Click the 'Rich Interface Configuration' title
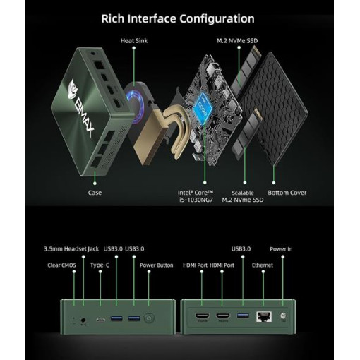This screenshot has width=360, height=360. [x=178, y=19]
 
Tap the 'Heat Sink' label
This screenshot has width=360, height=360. [x=134, y=41]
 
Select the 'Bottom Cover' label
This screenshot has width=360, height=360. [x=287, y=193]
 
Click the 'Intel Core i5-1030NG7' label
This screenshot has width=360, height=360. [x=196, y=196]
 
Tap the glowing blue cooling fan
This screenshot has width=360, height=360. [x=135, y=107]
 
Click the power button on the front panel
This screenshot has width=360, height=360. [x=149, y=318]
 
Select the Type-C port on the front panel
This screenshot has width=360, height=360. [x=101, y=320]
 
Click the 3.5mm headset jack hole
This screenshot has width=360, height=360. [x=83, y=320]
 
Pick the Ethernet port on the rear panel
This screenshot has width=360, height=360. [x=264, y=316]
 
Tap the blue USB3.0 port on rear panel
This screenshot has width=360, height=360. [x=243, y=315]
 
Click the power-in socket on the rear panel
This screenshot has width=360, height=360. [x=283, y=316]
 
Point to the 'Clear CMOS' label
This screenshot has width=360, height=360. [x=61, y=265]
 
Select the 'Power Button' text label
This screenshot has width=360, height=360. [x=157, y=265]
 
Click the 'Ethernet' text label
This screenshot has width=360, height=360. [x=263, y=265]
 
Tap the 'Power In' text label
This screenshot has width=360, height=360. [x=281, y=249]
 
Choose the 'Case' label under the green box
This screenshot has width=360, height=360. [x=95, y=193]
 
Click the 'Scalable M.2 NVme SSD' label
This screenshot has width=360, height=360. [x=243, y=196]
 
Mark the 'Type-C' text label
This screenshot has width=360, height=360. [x=100, y=265]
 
